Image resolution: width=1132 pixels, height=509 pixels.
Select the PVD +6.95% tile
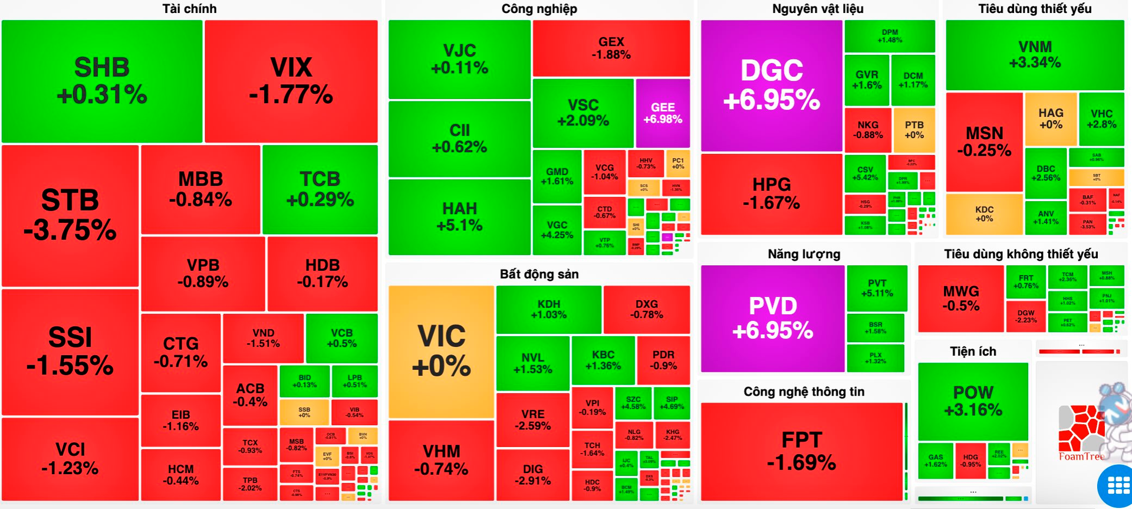pyautogui.click(x=772, y=318)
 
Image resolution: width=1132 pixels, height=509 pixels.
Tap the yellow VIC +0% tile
pyautogui.click(x=441, y=352)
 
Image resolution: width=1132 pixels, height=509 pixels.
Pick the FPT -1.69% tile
pyautogui.click(x=802, y=451)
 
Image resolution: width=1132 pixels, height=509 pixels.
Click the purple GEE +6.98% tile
pyautogui.click(x=663, y=113)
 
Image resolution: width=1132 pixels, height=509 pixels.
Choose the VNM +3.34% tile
pyautogui.click(x=1035, y=55)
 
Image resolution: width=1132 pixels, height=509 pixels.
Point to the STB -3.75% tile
pyautogui.click(x=70, y=215)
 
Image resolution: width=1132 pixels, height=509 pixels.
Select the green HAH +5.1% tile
pyautogui.click(x=459, y=217)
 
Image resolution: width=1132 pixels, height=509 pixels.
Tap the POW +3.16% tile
pyautogui.click(x=973, y=401)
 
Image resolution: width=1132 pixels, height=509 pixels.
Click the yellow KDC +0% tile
pyautogui.click(x=984, y=214)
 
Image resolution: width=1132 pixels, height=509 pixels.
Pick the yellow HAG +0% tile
pyautogui.click(x=1051, y=119)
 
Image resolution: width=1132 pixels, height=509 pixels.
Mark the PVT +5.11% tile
pyautogui.click(x=877, y=288)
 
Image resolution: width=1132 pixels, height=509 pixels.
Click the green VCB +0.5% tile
pyautogui.click(x=341, y=338)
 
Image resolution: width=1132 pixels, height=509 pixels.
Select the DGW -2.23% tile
pyautogui.click(x=1025, y=317)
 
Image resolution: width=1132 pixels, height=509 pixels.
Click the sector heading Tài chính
pyautogui.click(x=189, y=9)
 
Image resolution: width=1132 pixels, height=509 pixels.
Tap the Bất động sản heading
pyautogui.click(x=539, y=274)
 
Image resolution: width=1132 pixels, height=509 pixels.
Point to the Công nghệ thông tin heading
pyautogui.click(x=804, y=392)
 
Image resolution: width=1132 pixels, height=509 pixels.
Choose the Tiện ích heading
pyautogui.click(x=973, y=352)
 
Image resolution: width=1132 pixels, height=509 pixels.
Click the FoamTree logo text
pyautogui.click(x=1081, y=457)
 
